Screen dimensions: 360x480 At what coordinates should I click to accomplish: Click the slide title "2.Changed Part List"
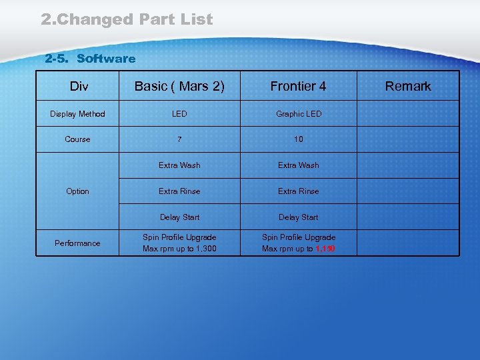(x=127, y=19)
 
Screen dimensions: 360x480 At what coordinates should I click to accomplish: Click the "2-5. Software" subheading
(x=90, y=59)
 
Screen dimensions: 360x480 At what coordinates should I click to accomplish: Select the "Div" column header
(x=78, y=86)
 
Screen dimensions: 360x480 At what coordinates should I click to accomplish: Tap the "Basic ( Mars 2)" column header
(x=179, y=86)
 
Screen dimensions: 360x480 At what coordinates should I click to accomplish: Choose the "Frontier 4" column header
(x=298, y=86)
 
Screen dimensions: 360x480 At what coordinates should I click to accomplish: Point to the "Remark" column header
(x=408, y=86)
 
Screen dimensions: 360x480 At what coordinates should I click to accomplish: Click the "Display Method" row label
(x=77, y=114)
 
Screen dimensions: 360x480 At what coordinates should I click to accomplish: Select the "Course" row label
(x=77, y=139)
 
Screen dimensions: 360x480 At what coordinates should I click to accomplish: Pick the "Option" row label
(x=77, y=191)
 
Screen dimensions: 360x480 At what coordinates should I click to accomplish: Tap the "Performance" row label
(x=77, y=243)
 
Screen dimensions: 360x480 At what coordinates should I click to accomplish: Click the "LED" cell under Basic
(x=179, y=114)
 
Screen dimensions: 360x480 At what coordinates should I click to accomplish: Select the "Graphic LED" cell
(x=299, y=114)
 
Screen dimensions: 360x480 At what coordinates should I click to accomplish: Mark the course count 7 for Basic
(x=179, y=139)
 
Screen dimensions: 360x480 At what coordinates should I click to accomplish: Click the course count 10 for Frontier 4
(x=299, y=139)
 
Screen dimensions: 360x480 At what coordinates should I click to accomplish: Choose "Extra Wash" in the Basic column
(x=179, y=165)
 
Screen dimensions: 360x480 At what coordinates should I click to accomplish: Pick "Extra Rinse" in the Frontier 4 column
(x=299, y=191)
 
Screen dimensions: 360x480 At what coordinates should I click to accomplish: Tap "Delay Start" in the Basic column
(x=179, y=217)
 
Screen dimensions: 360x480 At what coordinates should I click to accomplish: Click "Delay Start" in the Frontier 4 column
(x=299, y=217)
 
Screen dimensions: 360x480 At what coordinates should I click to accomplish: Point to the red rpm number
(x=325, y=249)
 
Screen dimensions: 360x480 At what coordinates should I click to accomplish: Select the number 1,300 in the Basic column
(x=205, y=249)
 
